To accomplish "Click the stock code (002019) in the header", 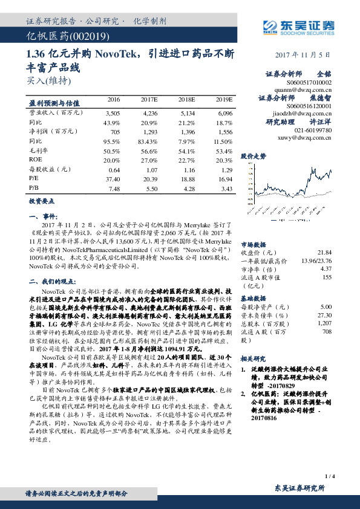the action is coord(77,37).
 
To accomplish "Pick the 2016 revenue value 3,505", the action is coord(113,112).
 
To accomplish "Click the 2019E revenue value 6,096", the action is coord(224,112).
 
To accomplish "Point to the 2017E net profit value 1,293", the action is coord(150,131).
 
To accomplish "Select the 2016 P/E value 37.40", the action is coord(112,179).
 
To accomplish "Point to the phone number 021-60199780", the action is coord(313,130).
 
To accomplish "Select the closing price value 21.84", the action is coord(324,252).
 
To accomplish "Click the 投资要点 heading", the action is coord(41,200).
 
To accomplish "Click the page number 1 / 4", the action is coord(329,477).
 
